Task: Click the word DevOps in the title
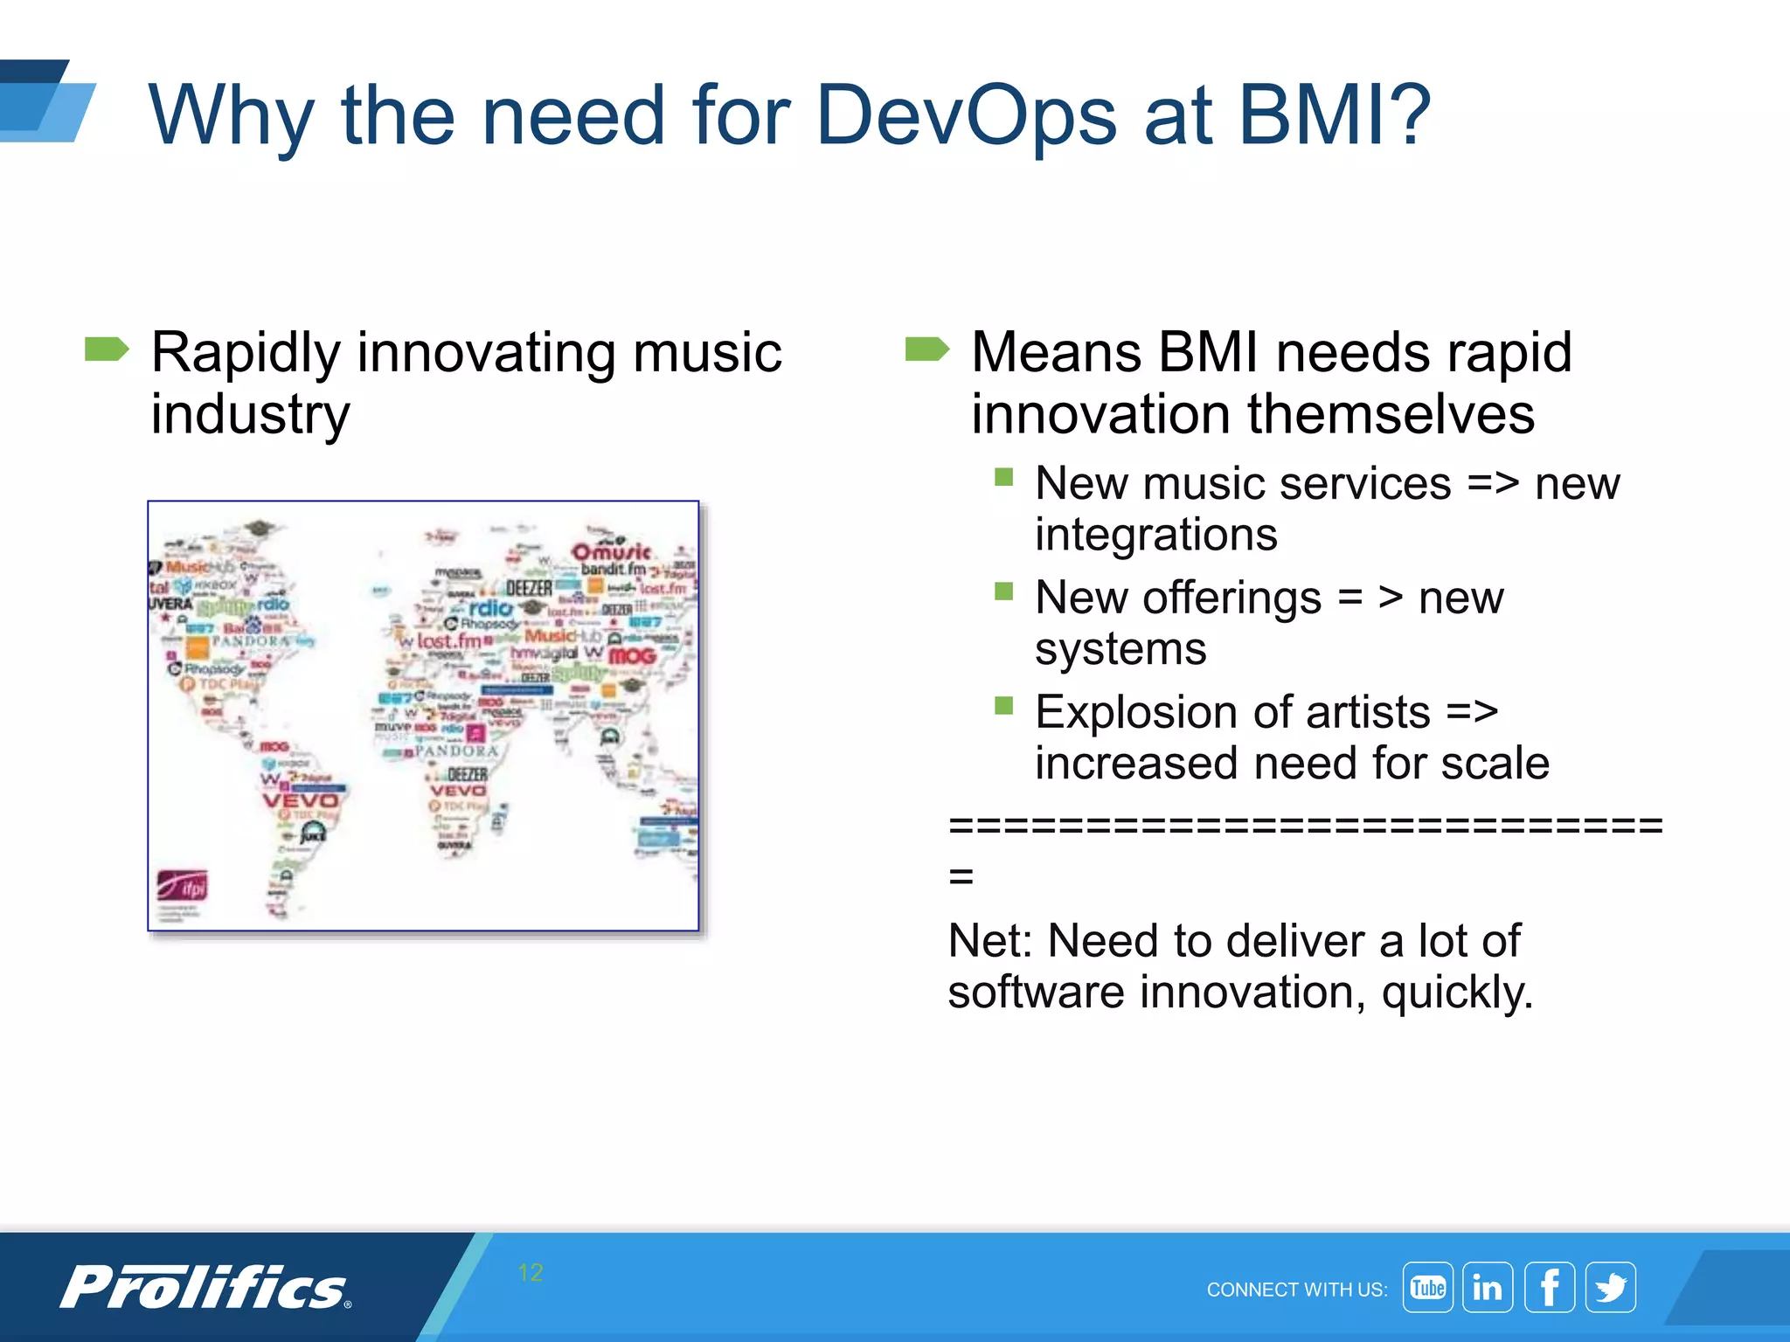[965, 116]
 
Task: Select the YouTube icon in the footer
[1427, 1287]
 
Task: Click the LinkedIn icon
[1488, 1287]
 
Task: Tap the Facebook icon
[1550, 1287]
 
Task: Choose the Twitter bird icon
[1611, 1287]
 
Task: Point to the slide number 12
[531, 1272]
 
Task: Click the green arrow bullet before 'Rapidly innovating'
[107, 349]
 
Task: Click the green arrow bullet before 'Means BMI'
[926, 349]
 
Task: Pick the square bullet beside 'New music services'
[1003, 477]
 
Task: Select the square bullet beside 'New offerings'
[1003, 592]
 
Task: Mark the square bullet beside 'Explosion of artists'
[1003, 706]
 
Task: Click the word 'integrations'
[1155, 535]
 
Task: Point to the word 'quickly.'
[1457, 993]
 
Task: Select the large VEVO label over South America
[300, 800]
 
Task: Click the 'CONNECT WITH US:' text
[1297, 1290]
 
